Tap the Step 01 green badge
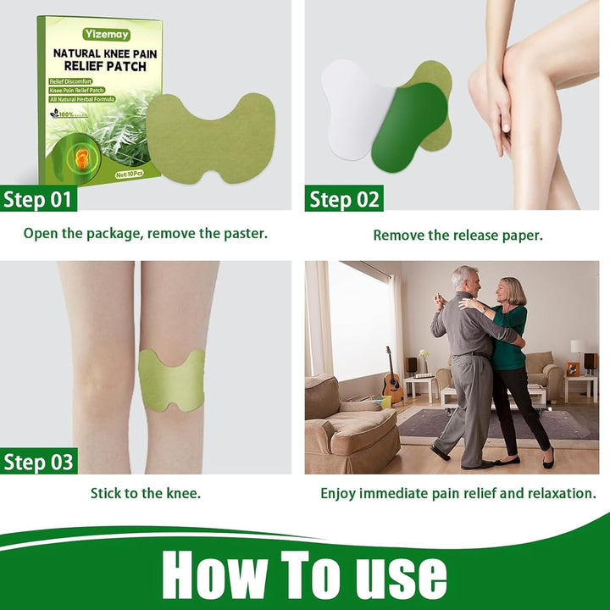pos(39,199)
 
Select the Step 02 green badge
pos(344,199)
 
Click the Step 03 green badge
pos(39,462)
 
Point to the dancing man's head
pos(464,280)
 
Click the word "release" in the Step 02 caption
pos(457,236)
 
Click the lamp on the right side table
pos(579,349)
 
